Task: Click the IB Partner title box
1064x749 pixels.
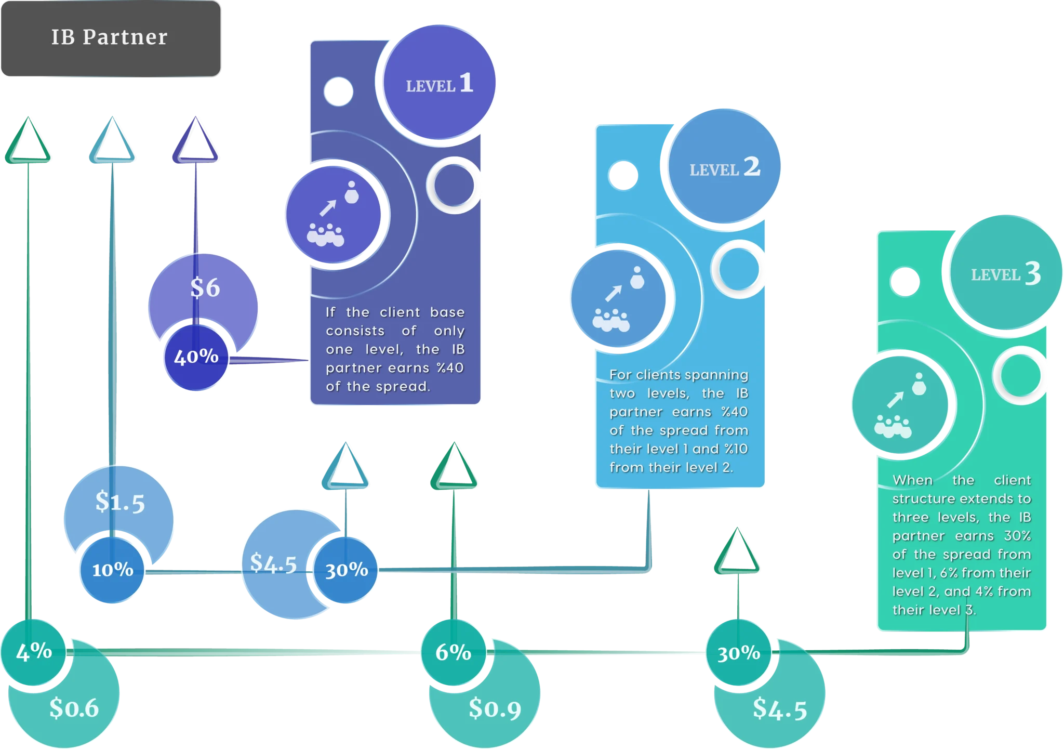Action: pyautogui.click(x=111, y=38)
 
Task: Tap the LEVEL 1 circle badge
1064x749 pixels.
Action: pyautogui.click(x=439, y=83)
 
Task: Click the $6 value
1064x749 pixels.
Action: pyautogui.click(x=205, y=287)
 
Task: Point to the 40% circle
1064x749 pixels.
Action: pyautogui.click(x=196, y=357)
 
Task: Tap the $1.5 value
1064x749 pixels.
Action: pyautogui.click(x=120, y=502)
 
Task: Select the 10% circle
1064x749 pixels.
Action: pyautogui.click(x=112, y=570)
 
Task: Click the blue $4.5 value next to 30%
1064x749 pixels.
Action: pyautogui.click(x=273, y=563)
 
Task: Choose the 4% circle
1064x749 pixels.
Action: pyautogui.click(x=34, y=651)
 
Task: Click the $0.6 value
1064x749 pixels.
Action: pyautogui.click(x=74, y=708)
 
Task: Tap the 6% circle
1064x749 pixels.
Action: pyautogui.click(x=453, y=652)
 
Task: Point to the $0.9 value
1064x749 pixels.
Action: pyautogui.click(x=495, y=708)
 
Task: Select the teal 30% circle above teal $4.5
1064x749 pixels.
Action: pyautogui.click(x=738, y=653)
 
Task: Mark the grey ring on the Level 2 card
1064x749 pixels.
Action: pyautogui.click(x=738, y=269)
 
